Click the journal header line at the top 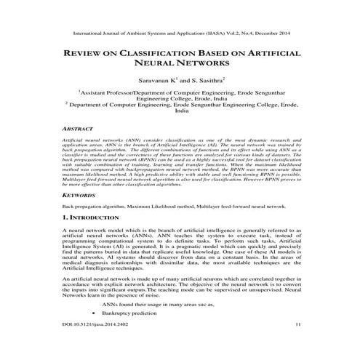(x=180, y=33)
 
